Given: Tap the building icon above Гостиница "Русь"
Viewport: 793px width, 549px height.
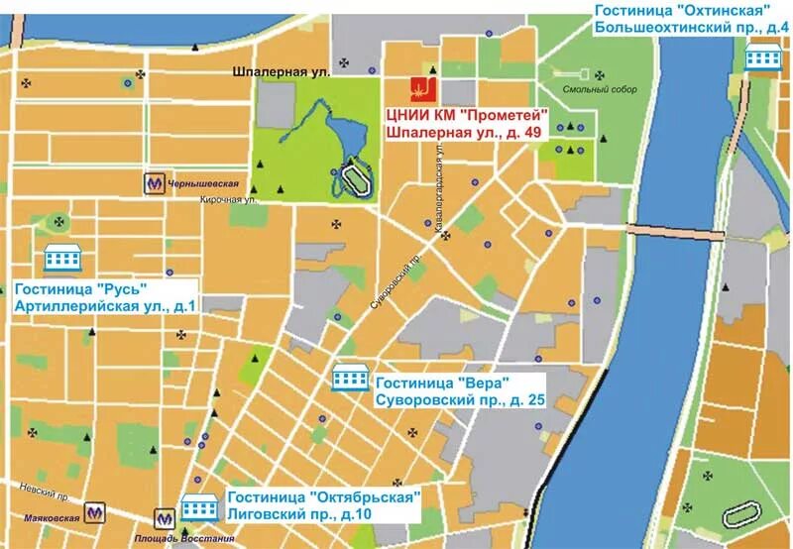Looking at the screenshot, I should tap(61, 259).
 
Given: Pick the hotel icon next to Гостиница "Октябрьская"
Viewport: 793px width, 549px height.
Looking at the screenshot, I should tap(200, 507).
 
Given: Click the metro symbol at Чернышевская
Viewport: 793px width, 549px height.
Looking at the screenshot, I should tap(153, 183).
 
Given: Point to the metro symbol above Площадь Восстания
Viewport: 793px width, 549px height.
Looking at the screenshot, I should tap(164, 517).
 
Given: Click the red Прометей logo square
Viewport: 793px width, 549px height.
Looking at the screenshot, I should tap(423, 88).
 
